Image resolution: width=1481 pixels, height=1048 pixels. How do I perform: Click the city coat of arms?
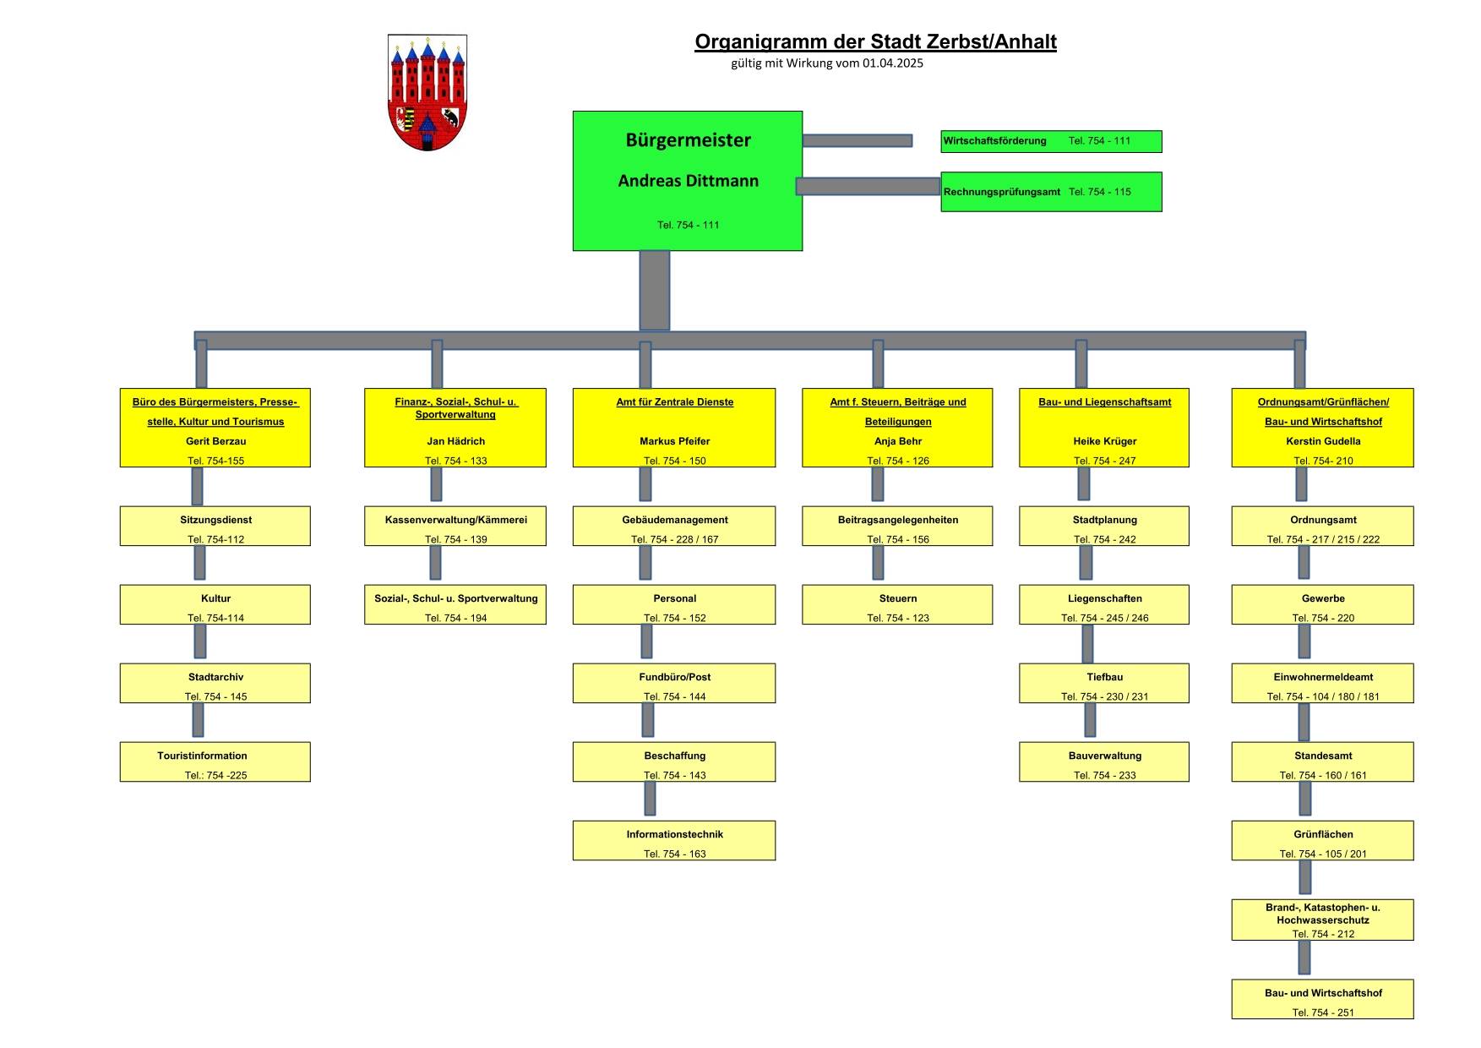click(x=427, y=92)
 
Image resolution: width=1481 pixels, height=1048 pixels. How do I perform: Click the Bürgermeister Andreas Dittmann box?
click(x=688, y=181)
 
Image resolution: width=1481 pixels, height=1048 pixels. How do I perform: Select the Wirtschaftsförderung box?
click(x=1051, y=141)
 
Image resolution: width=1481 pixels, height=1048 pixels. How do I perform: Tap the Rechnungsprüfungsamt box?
click(x=1051, y=192)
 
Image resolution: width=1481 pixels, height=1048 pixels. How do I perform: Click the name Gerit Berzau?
click(x=215, y=441)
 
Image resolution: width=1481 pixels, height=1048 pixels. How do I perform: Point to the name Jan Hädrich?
click(x=455, y=441)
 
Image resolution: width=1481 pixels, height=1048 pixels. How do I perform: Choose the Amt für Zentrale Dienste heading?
click(x=674, y=402)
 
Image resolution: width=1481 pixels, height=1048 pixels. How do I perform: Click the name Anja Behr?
click(x=897, y=441)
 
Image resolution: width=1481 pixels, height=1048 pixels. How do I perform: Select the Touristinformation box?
click(x=215, y=761)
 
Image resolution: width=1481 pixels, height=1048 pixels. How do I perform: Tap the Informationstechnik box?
click(x=674, y=840)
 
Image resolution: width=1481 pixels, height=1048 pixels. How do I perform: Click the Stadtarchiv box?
click(x=215, y=683)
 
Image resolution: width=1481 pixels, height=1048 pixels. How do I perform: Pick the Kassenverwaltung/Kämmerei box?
click(x=455, y=526)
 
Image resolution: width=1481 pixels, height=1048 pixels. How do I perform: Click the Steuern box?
click(x=897, y=604)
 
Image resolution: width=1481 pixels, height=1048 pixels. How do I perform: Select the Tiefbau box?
click(x=1104, y=683)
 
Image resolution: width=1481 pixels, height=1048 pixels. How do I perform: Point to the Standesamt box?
click(x=1322, y=761)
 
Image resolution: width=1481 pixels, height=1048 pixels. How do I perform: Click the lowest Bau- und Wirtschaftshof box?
click(x=1322, y=999)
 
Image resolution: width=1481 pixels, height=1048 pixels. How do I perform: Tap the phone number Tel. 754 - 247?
click(x=1104, y=461)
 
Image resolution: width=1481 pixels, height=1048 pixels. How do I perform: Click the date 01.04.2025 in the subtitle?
click(x=893, y=63)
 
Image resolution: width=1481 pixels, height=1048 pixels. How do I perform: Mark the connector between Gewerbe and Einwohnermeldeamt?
click(x=1304, y=641)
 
